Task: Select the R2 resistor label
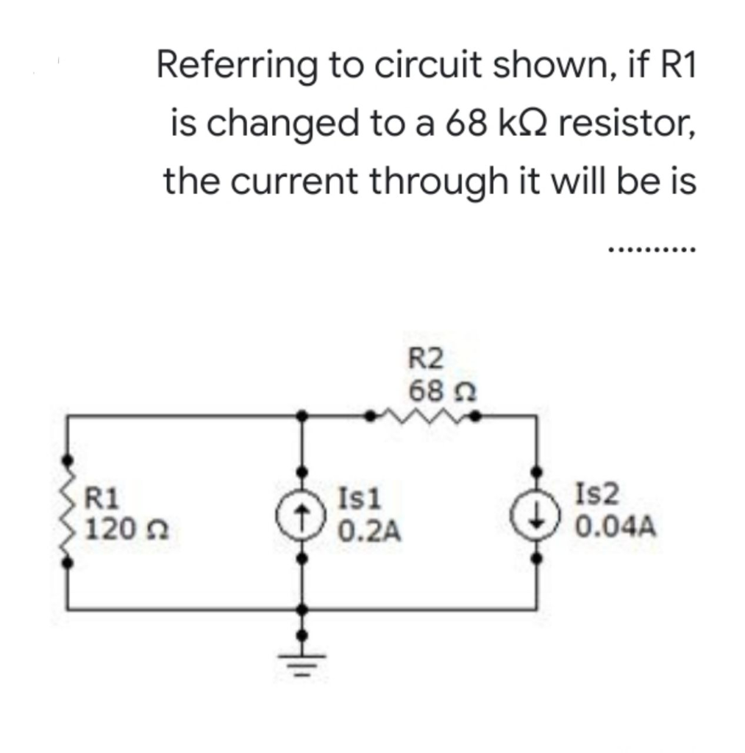pos(426,360)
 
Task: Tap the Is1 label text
pos(359,500)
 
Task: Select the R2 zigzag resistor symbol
pos(424,418)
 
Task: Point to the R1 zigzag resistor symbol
pos(71,513)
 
